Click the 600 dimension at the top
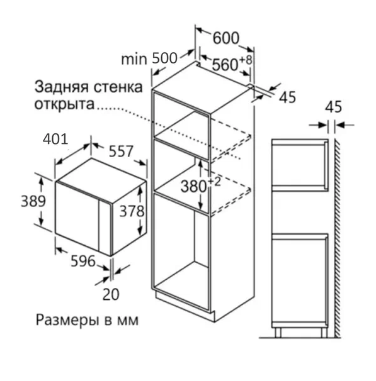click(x=226, y=38)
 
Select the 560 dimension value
click(x=225, y=65)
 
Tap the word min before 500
click(x=134, y=59)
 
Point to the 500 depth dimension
click(x=164, y=58)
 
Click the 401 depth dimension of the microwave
click(x=55, y=139)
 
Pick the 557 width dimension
click(x=121, y=151)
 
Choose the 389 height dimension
click(x=33, y=201)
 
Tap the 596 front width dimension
click(x=83, y=261)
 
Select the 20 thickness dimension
click(x=111, y=294)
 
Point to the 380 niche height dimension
click(x=193, y=187)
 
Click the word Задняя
click(x=61, y=87)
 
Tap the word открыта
click(x=64, y=104)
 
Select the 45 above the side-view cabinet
click(x=334, y=107)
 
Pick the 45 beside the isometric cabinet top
click(x=287, y=97)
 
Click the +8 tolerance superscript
click(x=246, y=60)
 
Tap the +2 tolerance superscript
click(x=214, y=182)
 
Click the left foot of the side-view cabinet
click(x=278, y=333)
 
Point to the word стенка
click(x=118, y=87)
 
